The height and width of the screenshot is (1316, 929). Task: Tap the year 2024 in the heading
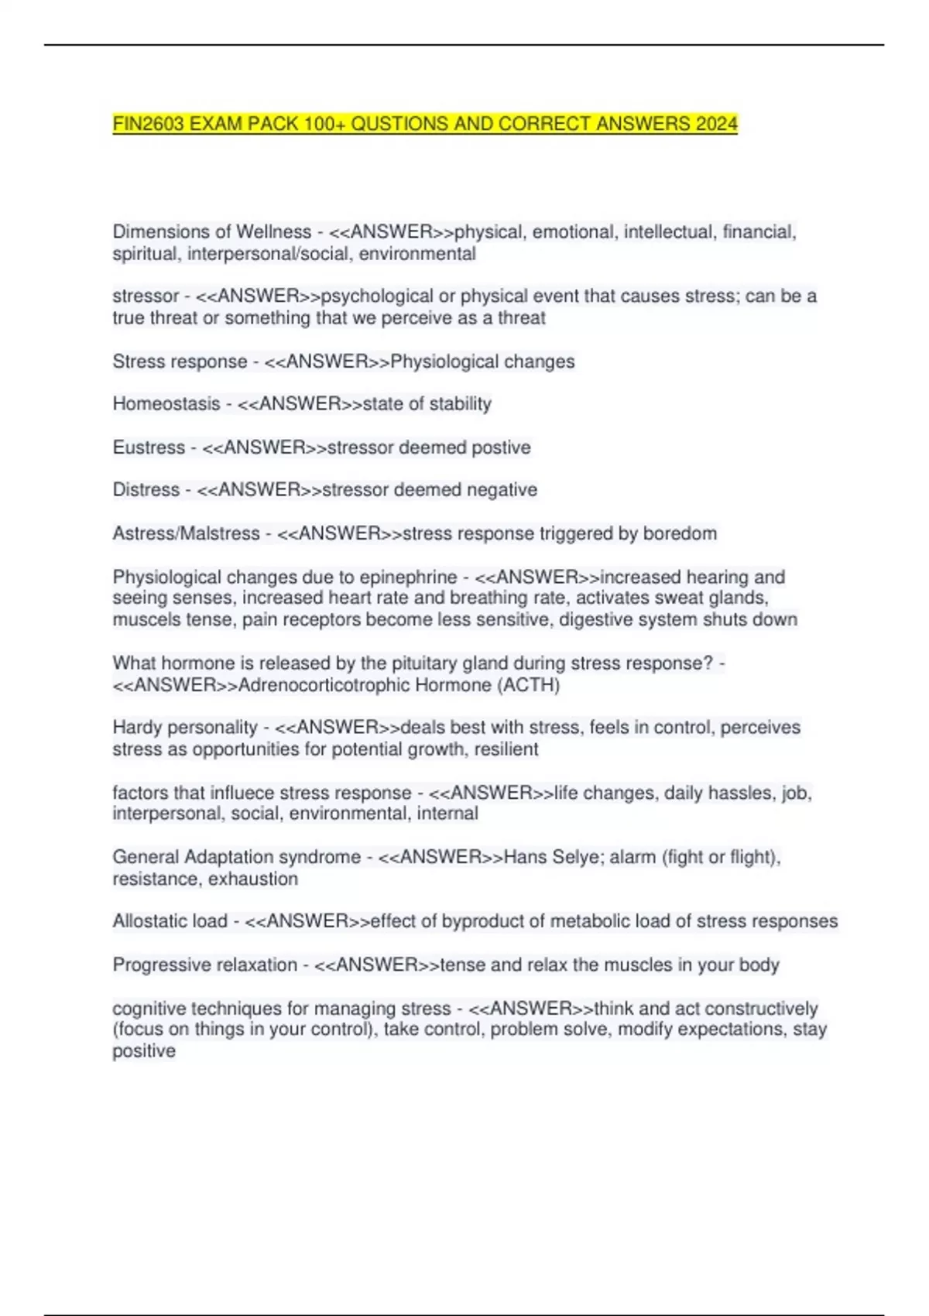click(716, 124)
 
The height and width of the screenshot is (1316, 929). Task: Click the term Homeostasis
click(166, 404)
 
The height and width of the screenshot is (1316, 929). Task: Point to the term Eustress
click(149, 447)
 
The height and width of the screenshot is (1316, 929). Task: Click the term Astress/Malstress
click(186, 533)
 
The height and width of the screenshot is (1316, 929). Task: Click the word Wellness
click(273, 232)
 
